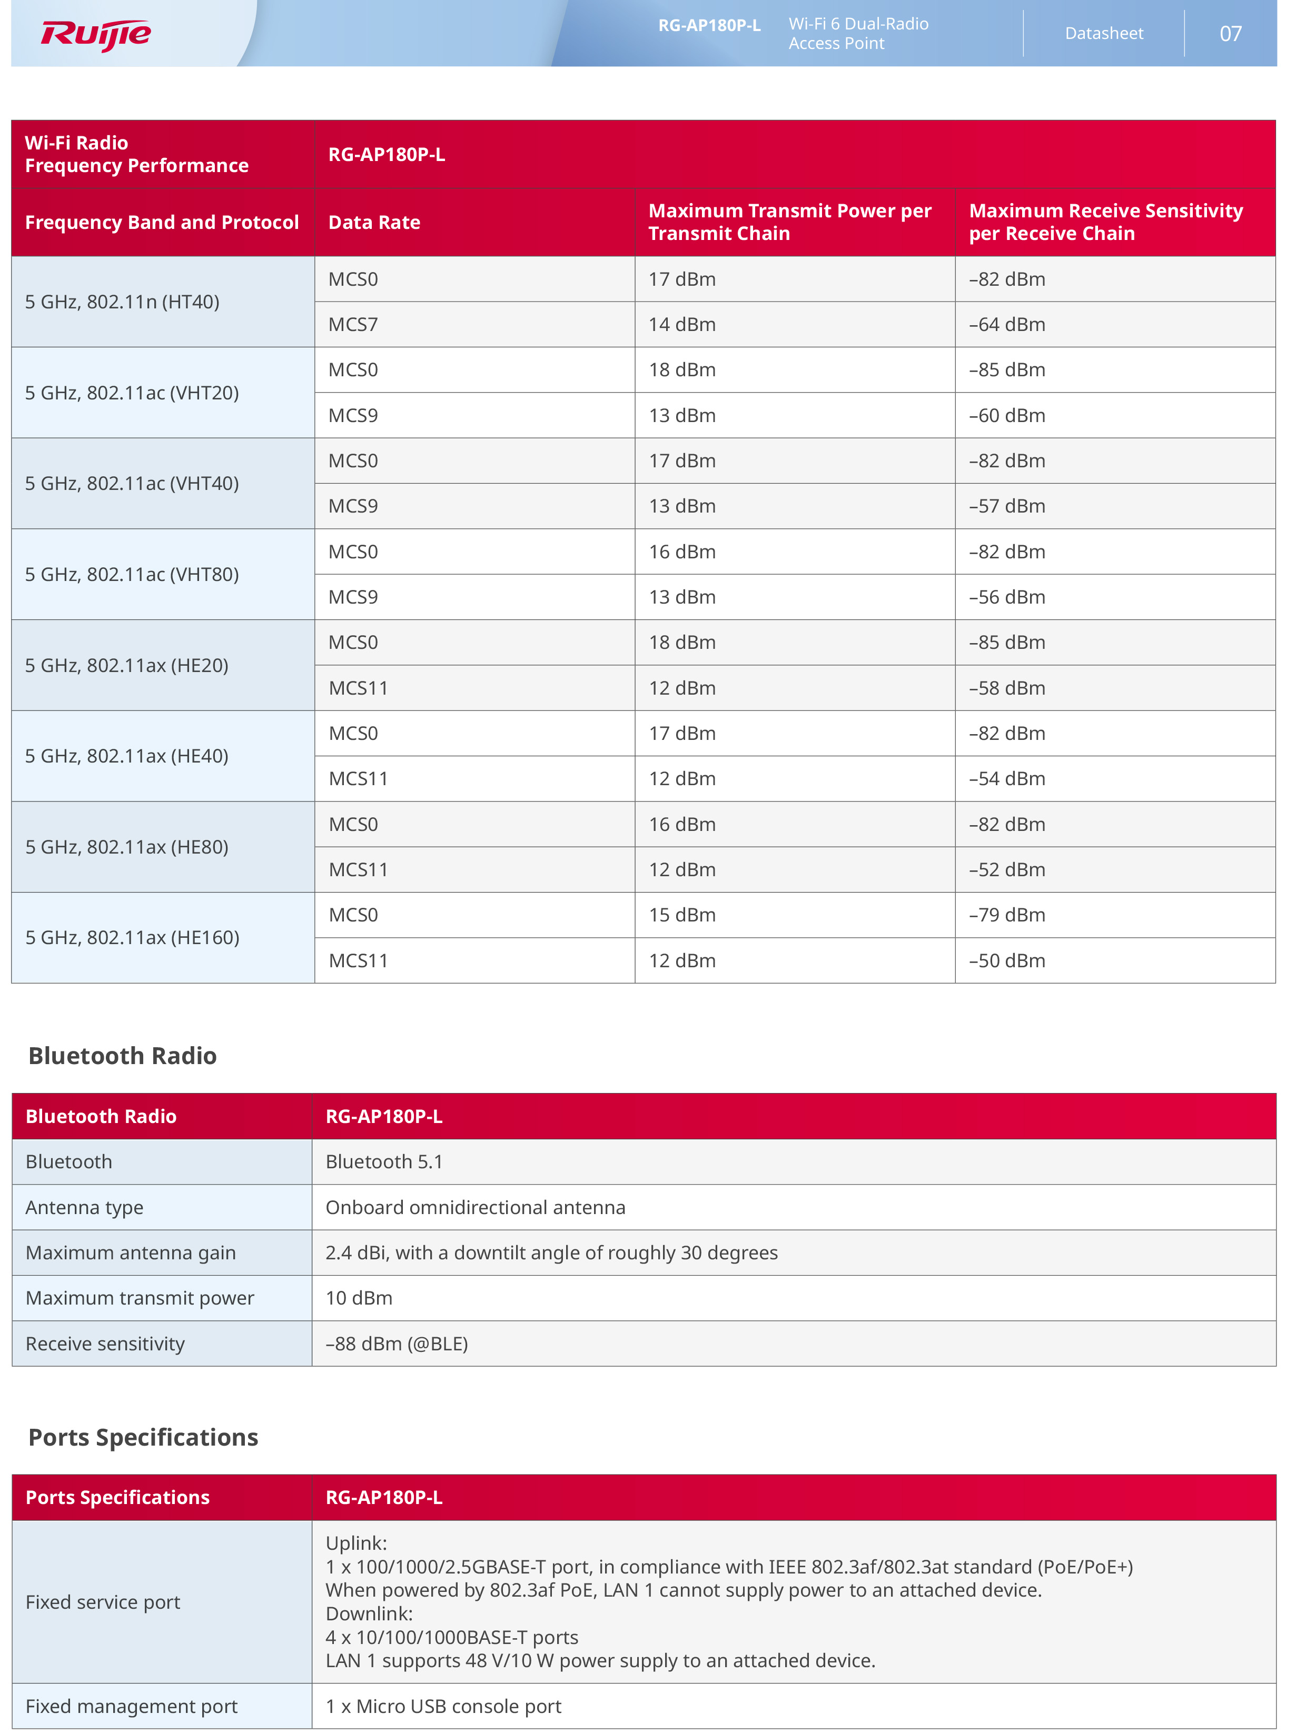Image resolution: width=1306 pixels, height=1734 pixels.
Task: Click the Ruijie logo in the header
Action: click(x=96, y=35)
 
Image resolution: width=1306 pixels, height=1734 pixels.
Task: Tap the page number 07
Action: click(x=1230, y=34)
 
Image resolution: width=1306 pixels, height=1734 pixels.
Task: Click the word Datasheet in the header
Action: click(x=1104, y=34)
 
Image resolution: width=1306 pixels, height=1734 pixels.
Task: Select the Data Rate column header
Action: click(x=374, y=223)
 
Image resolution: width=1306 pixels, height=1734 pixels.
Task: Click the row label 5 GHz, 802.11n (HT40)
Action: click(x=122, y=302)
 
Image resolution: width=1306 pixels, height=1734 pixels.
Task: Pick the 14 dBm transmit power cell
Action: click(x=681, y=325)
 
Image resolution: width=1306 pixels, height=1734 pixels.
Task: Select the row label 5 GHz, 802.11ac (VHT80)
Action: click(x=132, y=575)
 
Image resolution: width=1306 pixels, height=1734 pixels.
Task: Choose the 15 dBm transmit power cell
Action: click(x=681, y=915)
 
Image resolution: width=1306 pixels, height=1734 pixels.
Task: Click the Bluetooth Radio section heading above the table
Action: click(x=122, y=1056)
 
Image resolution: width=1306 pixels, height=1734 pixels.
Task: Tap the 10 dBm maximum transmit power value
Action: click(x=359, y=1298)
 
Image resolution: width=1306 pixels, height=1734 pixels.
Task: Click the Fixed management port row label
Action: click(x=132, y=1707)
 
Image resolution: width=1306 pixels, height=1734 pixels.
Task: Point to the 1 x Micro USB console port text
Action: click(x=444, y=1707)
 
